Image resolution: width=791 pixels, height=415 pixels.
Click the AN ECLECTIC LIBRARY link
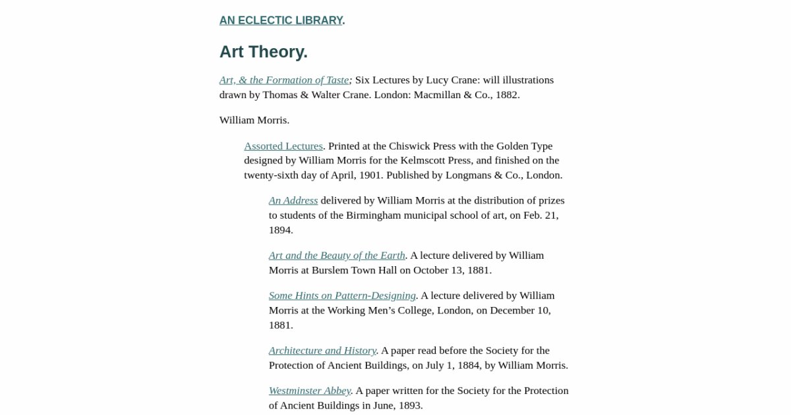[x=281, y=20]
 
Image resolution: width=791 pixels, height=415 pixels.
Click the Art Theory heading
[x=264, y=51]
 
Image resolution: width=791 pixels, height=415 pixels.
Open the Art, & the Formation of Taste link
[x=284, y=80]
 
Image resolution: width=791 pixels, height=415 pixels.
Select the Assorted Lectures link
[x=283, y=146]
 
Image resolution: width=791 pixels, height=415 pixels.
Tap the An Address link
[x=293, y=200]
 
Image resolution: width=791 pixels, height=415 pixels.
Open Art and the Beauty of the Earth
[x=337, y=255]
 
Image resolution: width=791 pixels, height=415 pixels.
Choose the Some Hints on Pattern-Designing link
[x=342, y=295]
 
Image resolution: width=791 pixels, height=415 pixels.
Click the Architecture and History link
[x=322, y=350]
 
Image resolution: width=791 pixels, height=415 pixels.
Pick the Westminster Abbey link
[x=310, y=391]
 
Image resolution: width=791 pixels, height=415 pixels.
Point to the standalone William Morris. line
[x=254, y=120]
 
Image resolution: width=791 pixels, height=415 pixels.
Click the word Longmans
[x=467, y=175]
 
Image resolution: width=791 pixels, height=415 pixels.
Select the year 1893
[x=409, y=405]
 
